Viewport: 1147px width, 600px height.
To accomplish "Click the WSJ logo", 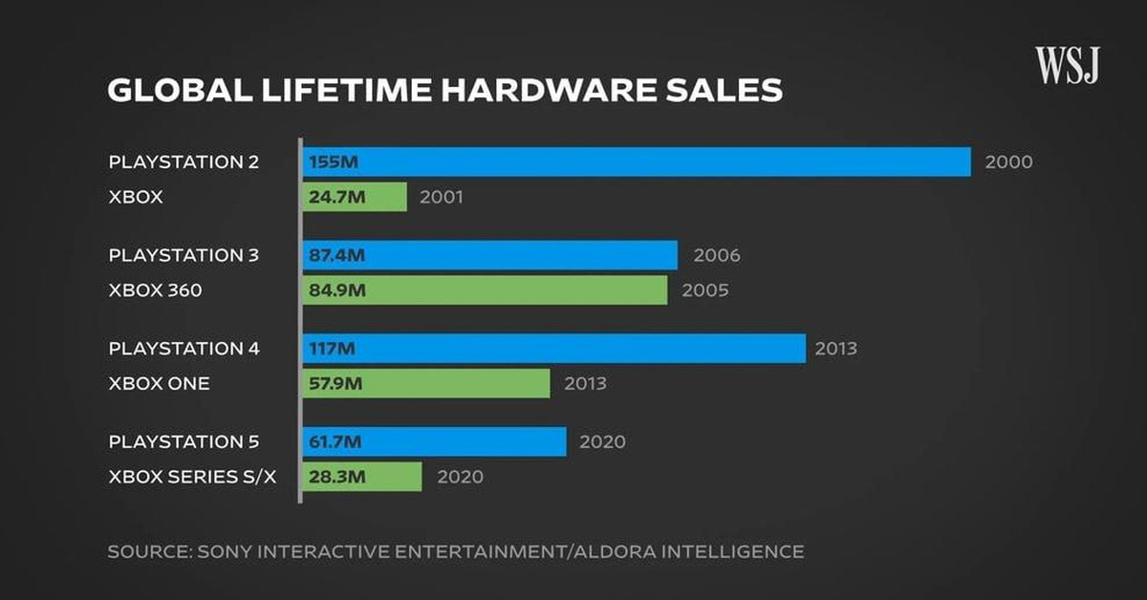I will (1067, 65).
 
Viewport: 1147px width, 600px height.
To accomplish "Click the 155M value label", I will (333, 162).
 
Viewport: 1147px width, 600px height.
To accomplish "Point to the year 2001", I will (441, 198).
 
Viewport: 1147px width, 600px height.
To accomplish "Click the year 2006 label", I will (717, 255).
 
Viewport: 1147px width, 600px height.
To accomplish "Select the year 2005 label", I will (704, 290).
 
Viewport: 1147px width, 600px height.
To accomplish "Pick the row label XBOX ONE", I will (159, 384).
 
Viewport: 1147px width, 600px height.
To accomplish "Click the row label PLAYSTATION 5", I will (184, 441).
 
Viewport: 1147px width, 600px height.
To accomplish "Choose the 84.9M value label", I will (336, 290).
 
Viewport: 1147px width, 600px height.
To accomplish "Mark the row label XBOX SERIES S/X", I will (192, 477).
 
